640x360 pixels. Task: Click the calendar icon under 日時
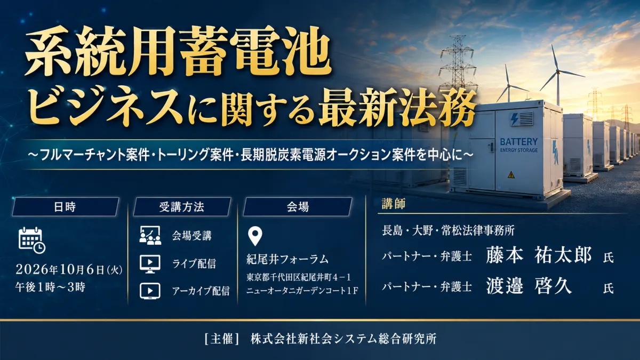point(31,241)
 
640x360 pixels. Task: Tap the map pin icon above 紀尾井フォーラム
point(255,236)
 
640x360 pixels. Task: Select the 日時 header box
point(66,206)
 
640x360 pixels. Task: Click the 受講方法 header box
point(182,206)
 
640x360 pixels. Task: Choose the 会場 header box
point(298,206)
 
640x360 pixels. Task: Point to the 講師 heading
point(394,204)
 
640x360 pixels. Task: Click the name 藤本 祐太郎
point(539,255)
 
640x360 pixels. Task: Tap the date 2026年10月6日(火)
point(69,269)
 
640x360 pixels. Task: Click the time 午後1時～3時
point(50,287)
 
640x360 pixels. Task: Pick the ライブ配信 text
point(194,263)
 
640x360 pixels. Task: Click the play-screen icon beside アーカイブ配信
point(150,291)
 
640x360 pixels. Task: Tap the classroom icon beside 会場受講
point(150,235)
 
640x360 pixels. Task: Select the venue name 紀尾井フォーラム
point(287,259)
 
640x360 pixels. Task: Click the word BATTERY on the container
point(519,142)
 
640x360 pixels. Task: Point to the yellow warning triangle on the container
point(511,174)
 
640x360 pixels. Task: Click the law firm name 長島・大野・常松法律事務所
point(449,230)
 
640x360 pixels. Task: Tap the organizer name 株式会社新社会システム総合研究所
point(343,339)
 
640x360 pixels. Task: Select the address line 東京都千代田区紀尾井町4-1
point(299,277)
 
